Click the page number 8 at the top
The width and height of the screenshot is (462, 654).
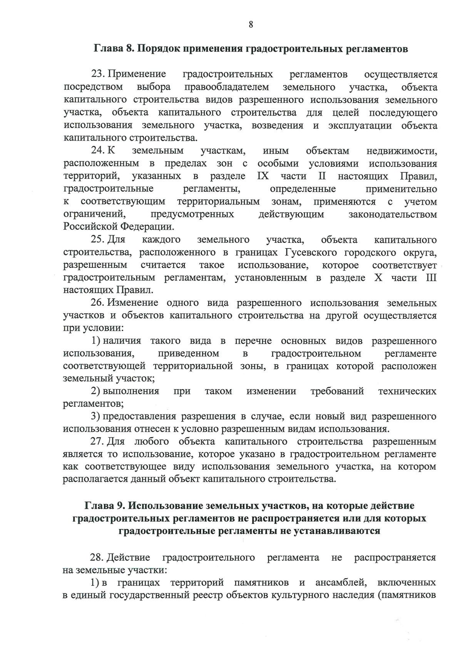tap(251, 25)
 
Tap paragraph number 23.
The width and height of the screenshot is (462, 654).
tap(98, 74)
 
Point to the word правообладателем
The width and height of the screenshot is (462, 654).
tap(226, 87)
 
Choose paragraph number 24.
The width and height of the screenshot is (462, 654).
tap(98, 151)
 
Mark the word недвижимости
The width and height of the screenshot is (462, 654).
tap(402, 151)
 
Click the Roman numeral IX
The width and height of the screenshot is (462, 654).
tap(263, 176)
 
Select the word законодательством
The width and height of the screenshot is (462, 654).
tap(393, 214)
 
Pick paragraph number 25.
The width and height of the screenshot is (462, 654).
tap(98, 240)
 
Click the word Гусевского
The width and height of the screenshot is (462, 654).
tap(310, 252)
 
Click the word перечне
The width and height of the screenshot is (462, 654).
tap(253, 341)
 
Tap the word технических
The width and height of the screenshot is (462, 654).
tap(407, 392)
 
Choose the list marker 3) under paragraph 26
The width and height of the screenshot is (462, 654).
tap(95, 417)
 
